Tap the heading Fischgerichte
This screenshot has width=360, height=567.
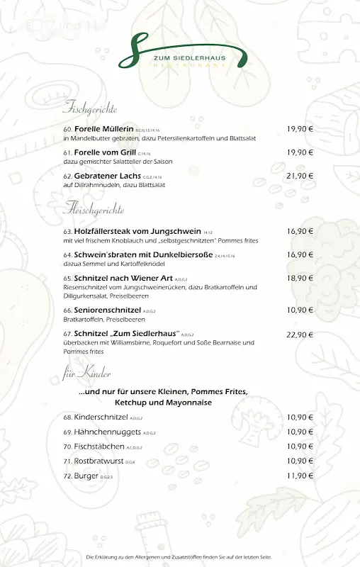tap(90, 108)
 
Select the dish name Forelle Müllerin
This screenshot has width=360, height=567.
tap(103, 129)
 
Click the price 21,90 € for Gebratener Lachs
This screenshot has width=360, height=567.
tap(300, 176)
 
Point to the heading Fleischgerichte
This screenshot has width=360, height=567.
tap(94, 210)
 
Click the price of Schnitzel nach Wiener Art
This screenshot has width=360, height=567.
tap(300, 279)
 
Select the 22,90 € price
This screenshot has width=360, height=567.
tap(300, 335)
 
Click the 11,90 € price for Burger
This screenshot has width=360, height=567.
tap(300, 476)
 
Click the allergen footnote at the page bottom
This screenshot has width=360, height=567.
tap(179, 558)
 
